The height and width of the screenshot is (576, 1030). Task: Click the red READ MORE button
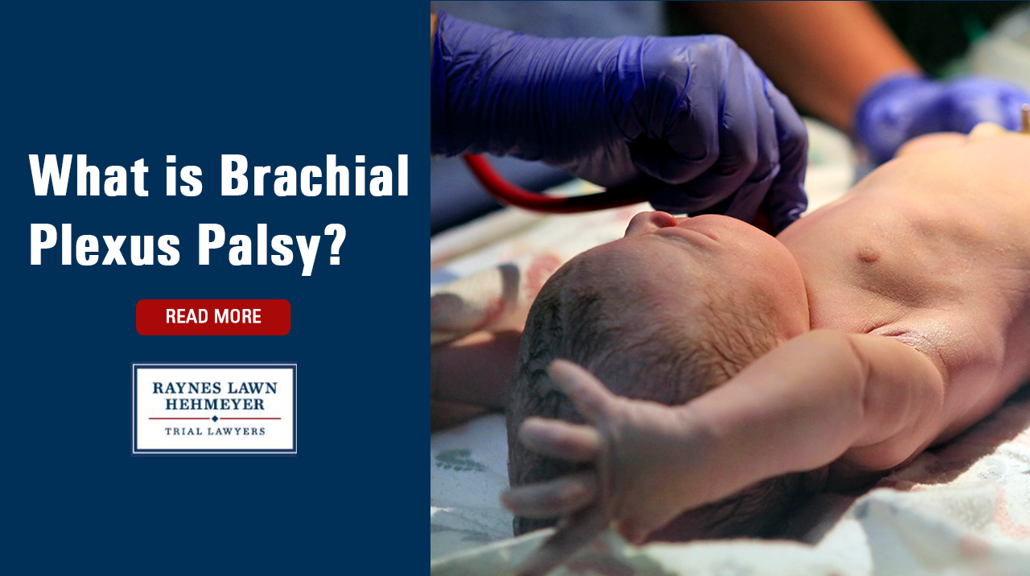tap(213, 317)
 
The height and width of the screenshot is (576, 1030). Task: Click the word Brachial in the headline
tap(315, 175)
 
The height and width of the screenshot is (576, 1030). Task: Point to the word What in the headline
tap(89, 175)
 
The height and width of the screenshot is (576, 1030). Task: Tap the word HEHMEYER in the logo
tap(215, 405)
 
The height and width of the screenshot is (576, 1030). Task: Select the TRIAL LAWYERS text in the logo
tap(215, 431)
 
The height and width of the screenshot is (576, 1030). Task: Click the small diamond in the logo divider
tap(215, 418)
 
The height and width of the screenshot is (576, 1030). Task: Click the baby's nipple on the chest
tap(867, 255)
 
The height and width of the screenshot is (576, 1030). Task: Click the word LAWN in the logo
tap(252, 388)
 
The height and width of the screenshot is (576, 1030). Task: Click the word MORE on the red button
tap(237, 316)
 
